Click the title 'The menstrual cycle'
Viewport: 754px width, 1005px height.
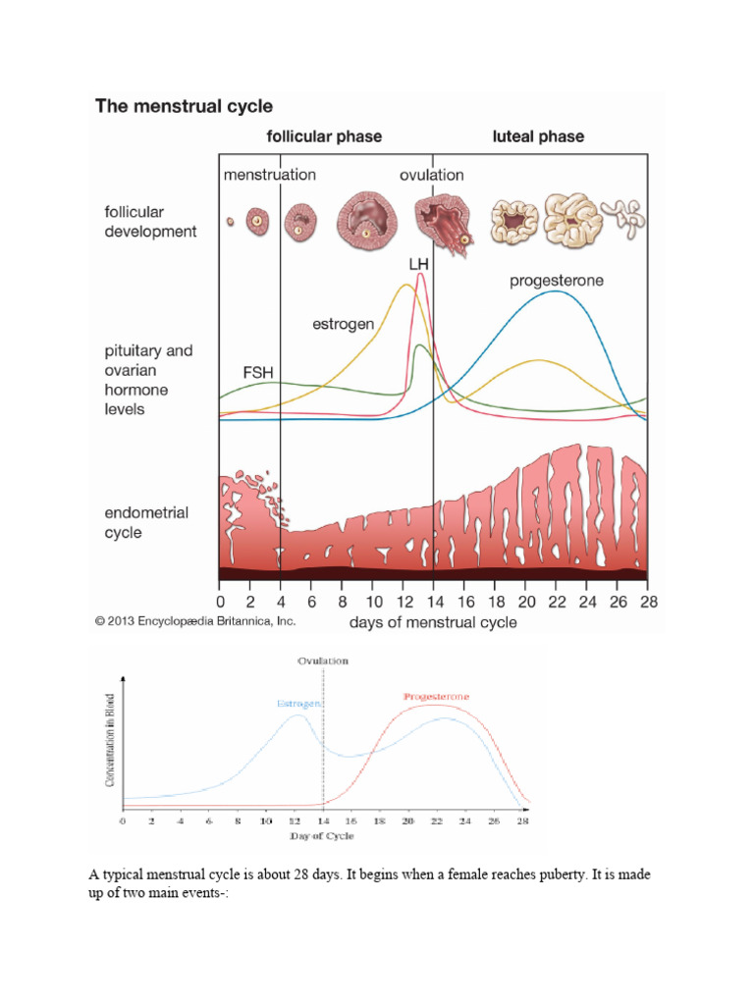184,106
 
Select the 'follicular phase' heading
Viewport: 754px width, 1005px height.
325,136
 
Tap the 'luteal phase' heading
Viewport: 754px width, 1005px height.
538,136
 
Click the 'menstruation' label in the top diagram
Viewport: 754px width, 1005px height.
270,175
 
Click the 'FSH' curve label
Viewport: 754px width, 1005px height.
257,373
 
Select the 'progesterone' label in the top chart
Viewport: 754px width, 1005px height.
557,281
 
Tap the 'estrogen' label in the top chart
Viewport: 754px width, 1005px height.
343,323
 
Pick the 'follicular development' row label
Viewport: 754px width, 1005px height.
150,222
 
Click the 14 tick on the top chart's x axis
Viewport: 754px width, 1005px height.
433,601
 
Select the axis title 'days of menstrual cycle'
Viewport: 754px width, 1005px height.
433,622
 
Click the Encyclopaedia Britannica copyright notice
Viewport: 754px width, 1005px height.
194,621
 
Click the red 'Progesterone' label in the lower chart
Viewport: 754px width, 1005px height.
437,697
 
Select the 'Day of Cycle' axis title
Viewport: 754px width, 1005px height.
321,836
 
